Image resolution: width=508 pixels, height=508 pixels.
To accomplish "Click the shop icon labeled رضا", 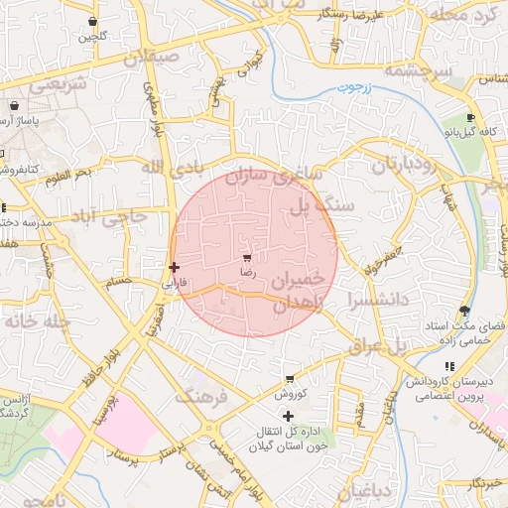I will tap(246, 257).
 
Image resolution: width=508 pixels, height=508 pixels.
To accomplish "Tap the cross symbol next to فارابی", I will tap(175, 267).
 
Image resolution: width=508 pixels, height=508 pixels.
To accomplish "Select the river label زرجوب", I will tap(352, 87).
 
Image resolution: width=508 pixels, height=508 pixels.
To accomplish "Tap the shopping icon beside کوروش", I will tap(289, 379).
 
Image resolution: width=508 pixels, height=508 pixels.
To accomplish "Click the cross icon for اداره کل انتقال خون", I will tap(289, 416).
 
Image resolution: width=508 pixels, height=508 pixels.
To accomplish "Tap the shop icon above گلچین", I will tap(92, 21).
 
